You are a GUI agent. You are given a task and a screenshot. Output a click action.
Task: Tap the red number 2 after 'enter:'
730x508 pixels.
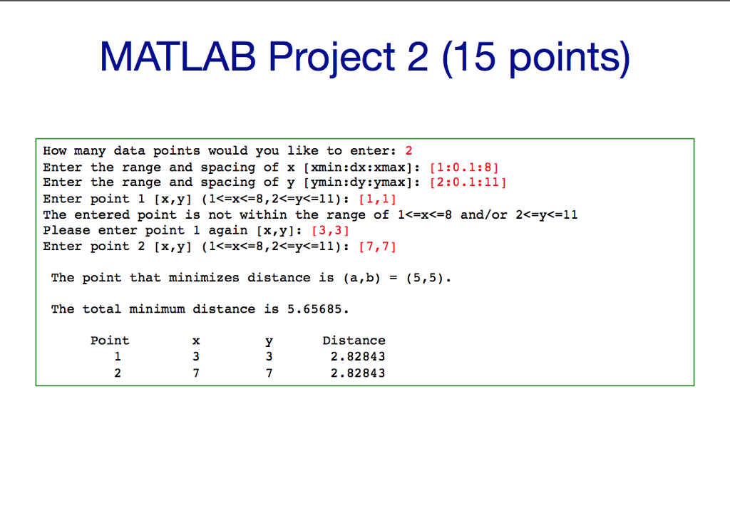tap(408, 151)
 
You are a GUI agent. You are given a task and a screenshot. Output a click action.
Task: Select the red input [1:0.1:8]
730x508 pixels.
tap(464, 167)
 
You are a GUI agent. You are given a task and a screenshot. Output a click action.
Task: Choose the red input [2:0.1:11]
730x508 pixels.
tap(468, 182)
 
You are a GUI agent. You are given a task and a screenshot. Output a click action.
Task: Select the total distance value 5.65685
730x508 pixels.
tap(317, 309)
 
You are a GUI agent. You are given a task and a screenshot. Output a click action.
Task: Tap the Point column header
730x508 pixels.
tap(110, 341)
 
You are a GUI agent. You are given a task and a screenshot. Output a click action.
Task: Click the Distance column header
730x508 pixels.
tap(354, 341)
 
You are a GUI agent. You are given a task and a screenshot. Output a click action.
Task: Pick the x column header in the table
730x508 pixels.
tap(196, 341)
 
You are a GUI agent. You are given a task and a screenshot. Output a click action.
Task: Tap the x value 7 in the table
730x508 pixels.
tap(196, 373)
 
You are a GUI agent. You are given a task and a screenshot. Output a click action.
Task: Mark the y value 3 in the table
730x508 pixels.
tap(268, 357)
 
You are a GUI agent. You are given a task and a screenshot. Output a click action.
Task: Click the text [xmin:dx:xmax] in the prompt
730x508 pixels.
tap(363, 167)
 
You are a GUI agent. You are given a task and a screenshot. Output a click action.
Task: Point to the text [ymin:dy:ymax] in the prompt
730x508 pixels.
tap(363, 182)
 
